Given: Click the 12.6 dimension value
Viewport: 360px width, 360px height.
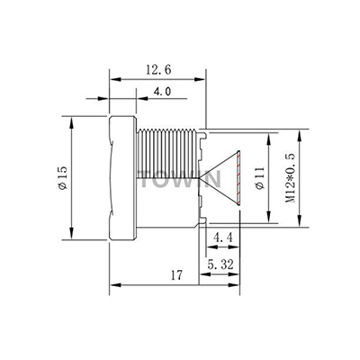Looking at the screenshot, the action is tap(158, 70).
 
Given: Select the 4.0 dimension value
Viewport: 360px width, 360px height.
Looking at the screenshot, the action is tap(162, 91).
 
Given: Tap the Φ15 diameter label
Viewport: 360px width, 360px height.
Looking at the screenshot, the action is tap(63, 178).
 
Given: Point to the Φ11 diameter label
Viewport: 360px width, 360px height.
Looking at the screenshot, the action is tap(260, 178).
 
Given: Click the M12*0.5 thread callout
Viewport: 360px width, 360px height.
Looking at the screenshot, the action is tap(291, 178).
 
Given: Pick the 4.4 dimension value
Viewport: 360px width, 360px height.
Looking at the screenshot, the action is tap(223, 238).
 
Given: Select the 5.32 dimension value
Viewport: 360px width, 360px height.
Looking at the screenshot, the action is tap(220, 265).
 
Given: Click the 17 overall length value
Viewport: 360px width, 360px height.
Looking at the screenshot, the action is tap(176, 275).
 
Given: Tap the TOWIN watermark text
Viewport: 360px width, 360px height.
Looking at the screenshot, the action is tap(181, 179).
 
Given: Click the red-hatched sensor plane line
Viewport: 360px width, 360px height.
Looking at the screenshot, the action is tap(238, 178).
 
